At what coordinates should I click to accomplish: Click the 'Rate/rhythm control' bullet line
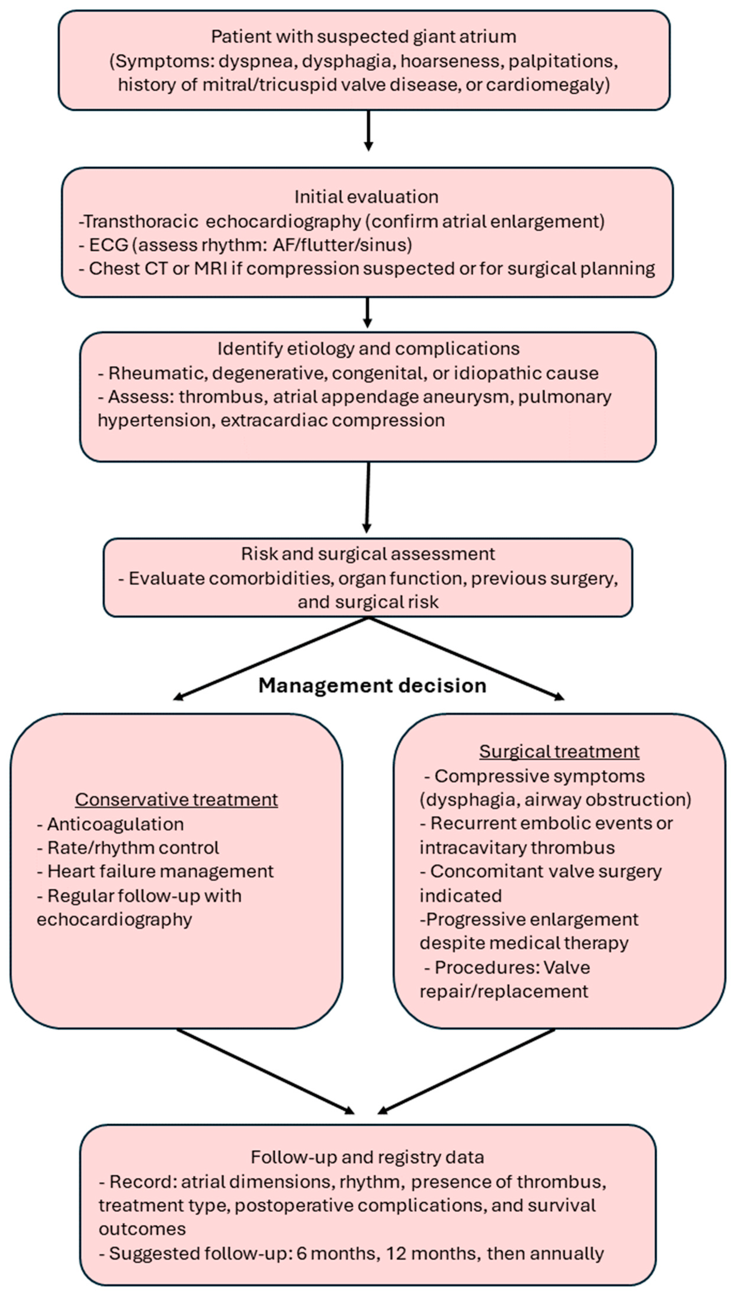tap(128, 847)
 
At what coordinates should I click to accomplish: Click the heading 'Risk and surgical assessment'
tap(368, 553)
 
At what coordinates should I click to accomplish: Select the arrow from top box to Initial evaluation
tap(369, 130)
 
